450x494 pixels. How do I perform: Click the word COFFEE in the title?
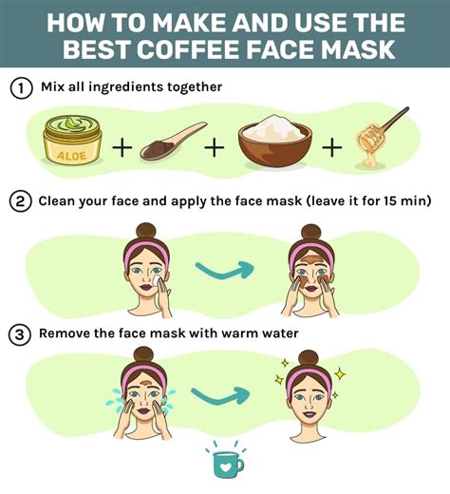205,47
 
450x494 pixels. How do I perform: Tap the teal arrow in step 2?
226,270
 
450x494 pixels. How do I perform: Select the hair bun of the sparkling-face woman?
306,358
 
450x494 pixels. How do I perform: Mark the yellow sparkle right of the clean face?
339,374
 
